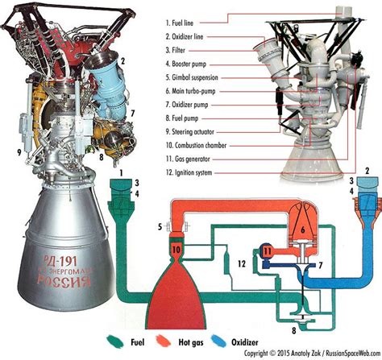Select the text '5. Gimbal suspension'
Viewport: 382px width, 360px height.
(x=190, y=78)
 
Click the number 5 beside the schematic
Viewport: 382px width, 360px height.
(x=160, y=225)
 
